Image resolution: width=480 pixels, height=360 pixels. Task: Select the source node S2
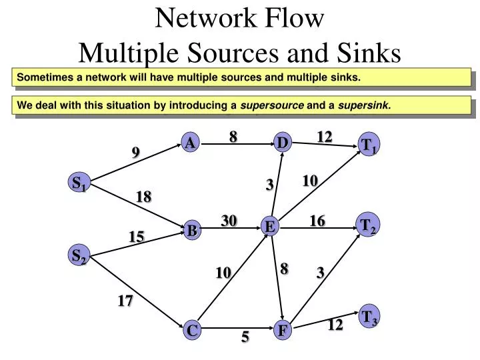[79, 255]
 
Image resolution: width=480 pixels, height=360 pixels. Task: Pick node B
[192, 231]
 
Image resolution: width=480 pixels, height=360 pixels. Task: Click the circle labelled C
[192, 329]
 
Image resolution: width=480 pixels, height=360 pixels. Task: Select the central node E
[270, 227]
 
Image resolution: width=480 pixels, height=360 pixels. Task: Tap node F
[283, 329]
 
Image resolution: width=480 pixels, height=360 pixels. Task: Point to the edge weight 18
[143, 197]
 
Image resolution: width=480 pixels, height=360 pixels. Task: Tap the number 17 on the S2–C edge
[125, 301]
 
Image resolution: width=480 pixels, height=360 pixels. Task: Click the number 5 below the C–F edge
[245, 338]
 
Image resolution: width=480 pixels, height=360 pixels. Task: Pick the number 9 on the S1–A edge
[135, 153]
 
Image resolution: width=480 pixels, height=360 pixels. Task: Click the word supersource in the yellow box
[272, 105]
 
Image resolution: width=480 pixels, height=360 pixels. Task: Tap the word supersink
[364, 105]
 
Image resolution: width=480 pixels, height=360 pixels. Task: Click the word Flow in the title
[293, 19]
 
